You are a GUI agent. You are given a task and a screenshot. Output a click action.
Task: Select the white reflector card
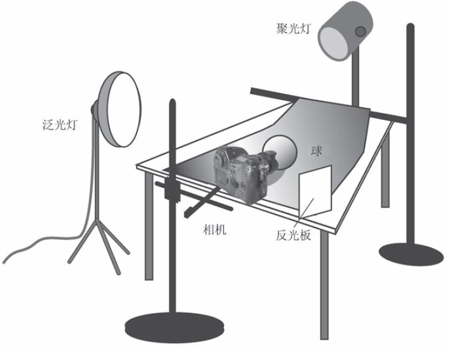point(315,192)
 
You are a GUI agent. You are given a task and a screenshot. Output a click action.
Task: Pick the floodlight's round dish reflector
point(122,109)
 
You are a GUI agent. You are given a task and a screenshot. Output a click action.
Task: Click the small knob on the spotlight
point(361,30)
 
